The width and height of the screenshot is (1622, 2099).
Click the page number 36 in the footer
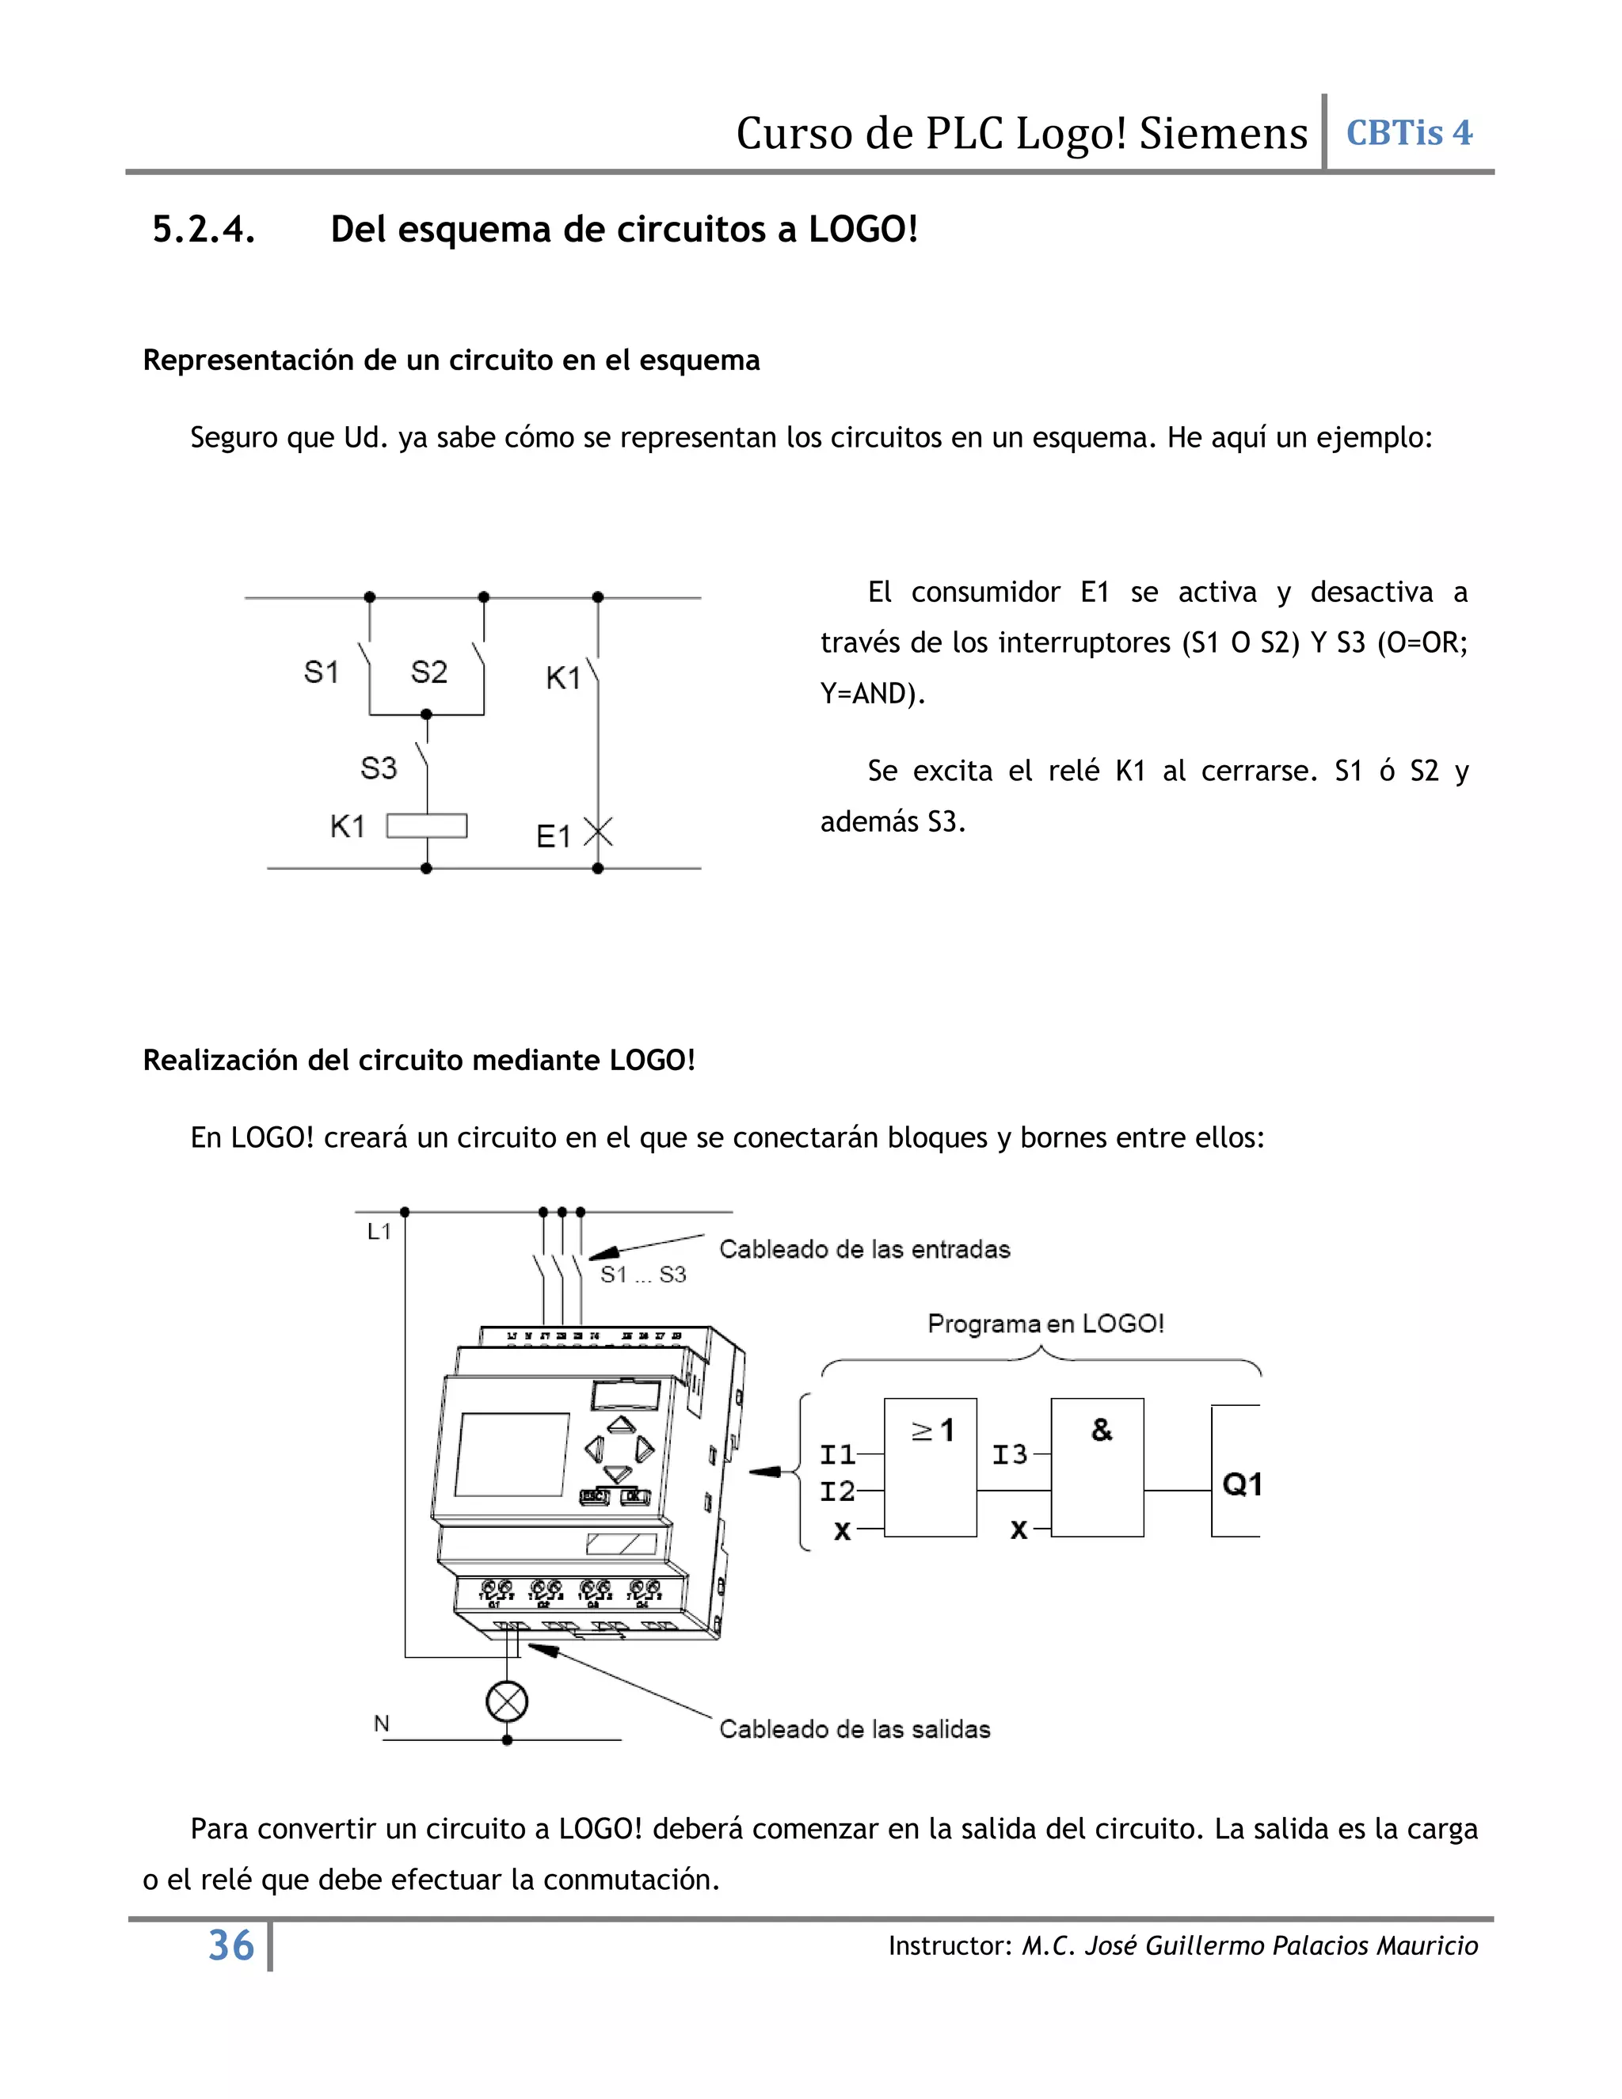coord(230,1946)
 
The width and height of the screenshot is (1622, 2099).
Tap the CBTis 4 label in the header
coord(1409,132)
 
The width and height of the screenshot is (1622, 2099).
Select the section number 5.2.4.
coord(204,230)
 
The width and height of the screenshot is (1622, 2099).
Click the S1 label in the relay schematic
coord(321,672)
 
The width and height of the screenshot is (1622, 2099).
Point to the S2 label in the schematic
coord(428,672)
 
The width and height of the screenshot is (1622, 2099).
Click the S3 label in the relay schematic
coord(379,768)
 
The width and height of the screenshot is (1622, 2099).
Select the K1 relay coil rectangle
coord(427,826)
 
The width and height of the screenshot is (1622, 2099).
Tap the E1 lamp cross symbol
coord(598,833)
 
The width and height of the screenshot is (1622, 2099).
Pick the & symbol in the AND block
coord(1101,1430)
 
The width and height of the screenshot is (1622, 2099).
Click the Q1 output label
coord(1242,1485)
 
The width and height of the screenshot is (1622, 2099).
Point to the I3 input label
coord(1010,1455)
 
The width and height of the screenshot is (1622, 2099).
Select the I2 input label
coord(837,1491)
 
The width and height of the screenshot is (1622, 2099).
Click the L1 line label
coord(379,1231)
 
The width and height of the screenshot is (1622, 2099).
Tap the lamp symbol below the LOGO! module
coord(508,1702)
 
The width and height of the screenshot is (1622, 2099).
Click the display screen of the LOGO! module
coord(511,1454)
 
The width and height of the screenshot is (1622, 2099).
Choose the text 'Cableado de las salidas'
coord(855,1729)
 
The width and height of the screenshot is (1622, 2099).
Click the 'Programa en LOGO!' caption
coord(1045,1324)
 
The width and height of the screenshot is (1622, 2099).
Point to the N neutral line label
coord(382,1724)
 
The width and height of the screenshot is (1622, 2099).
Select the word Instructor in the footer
coord(948,1946)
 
